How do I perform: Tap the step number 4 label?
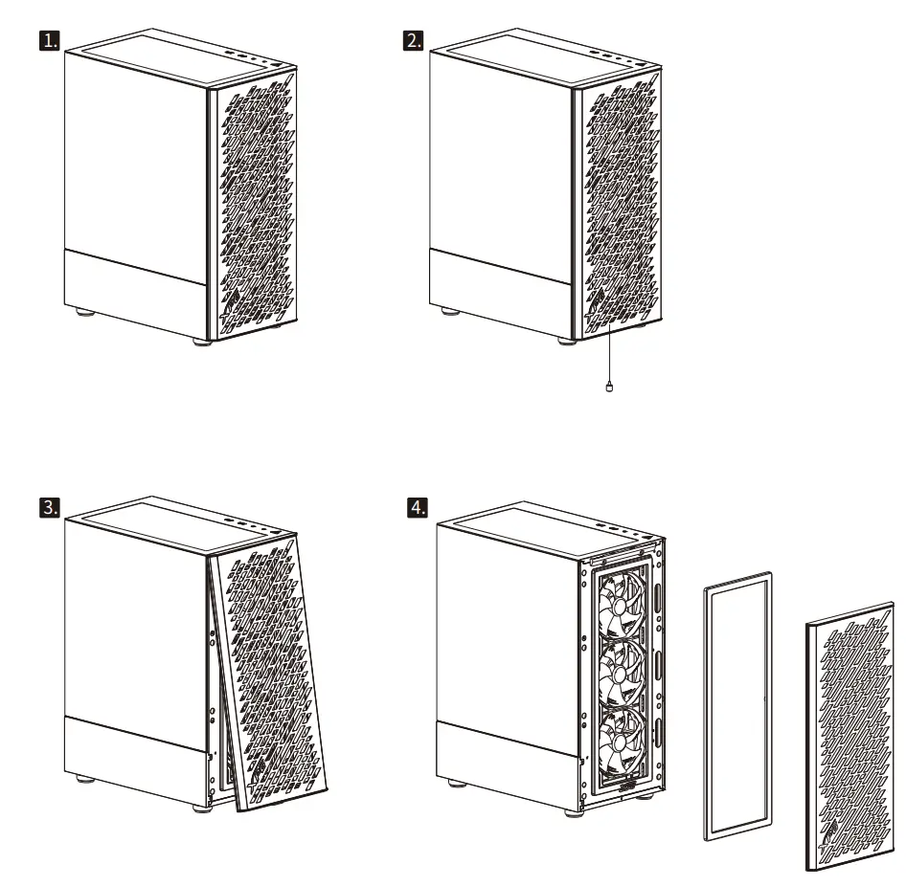pyautogui.click(x=419, y=508)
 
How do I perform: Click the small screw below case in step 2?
pyautogui.click(x=609, y=387)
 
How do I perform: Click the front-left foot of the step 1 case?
pyautogui.click(x=201, y=341)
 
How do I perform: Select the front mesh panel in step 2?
pyautogui.click(x=621, y=206)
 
